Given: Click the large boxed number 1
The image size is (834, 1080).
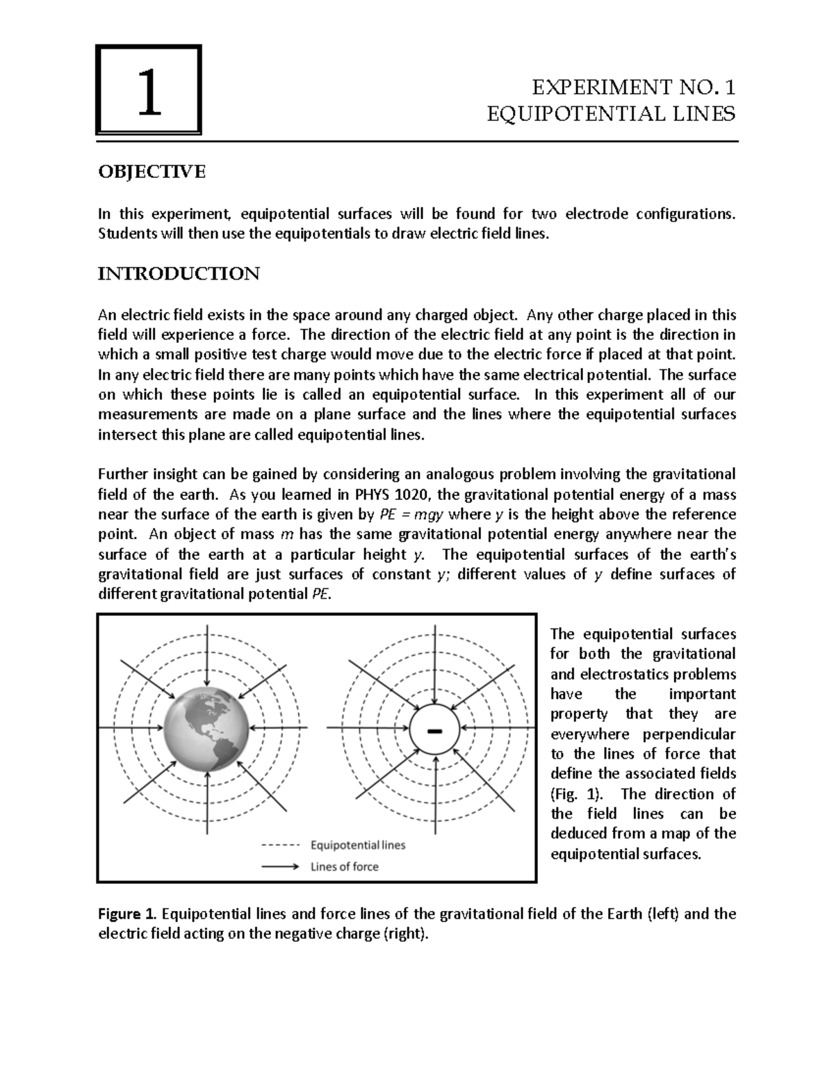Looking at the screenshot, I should point(149,90).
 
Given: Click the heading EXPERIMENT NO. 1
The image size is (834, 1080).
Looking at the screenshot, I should point(632,88).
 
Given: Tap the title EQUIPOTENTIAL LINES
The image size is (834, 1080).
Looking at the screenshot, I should point(611,113).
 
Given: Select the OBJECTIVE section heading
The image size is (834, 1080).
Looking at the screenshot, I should point(152,172).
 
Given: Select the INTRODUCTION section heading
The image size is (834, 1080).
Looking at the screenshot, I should point(179,273).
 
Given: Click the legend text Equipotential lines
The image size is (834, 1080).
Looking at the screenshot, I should point(357,845).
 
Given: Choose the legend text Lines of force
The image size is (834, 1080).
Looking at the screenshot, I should point(344,867).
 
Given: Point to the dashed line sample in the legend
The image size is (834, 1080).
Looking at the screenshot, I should point(281,846).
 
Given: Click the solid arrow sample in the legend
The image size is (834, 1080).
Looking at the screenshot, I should point(281,867).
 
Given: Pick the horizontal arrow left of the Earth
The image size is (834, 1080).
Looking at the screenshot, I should point(132,727).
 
